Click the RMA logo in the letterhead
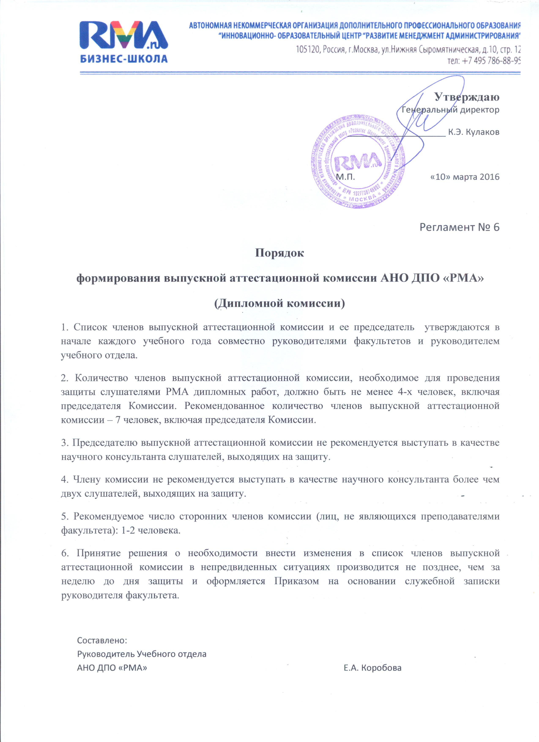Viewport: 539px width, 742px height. [124, 35]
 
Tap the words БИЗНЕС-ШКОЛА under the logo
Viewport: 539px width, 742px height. [124, 59]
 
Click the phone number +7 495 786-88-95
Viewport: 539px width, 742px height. [484, 61]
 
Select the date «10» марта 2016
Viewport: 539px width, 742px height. [464, 177]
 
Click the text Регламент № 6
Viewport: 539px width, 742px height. [459, 227]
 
